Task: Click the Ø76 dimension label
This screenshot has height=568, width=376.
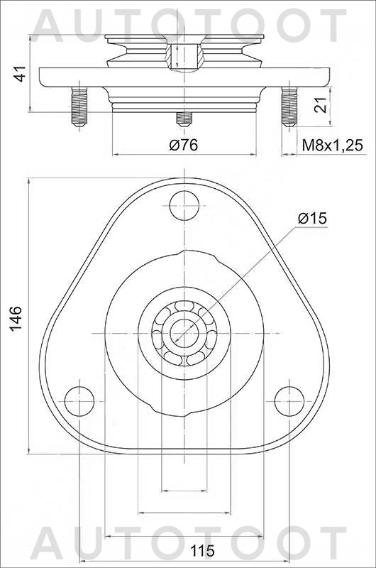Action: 183,145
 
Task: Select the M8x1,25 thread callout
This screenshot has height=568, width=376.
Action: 332,145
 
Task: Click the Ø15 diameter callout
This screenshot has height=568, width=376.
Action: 312,219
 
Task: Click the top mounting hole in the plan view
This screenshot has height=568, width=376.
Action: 184,206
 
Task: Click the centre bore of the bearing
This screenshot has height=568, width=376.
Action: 184,332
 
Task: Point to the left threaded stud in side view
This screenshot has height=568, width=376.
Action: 79,106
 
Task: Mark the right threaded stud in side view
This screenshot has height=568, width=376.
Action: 288,106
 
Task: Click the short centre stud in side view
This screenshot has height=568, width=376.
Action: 184,116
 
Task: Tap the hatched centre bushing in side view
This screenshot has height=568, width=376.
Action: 183,54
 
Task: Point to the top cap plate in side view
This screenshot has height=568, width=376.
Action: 184,36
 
